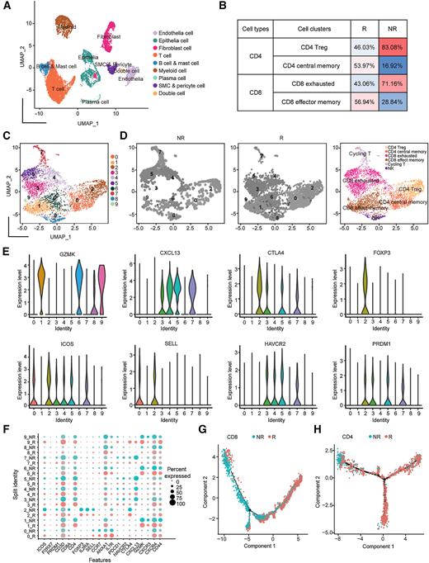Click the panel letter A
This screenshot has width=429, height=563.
click(x=6, y=7)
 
